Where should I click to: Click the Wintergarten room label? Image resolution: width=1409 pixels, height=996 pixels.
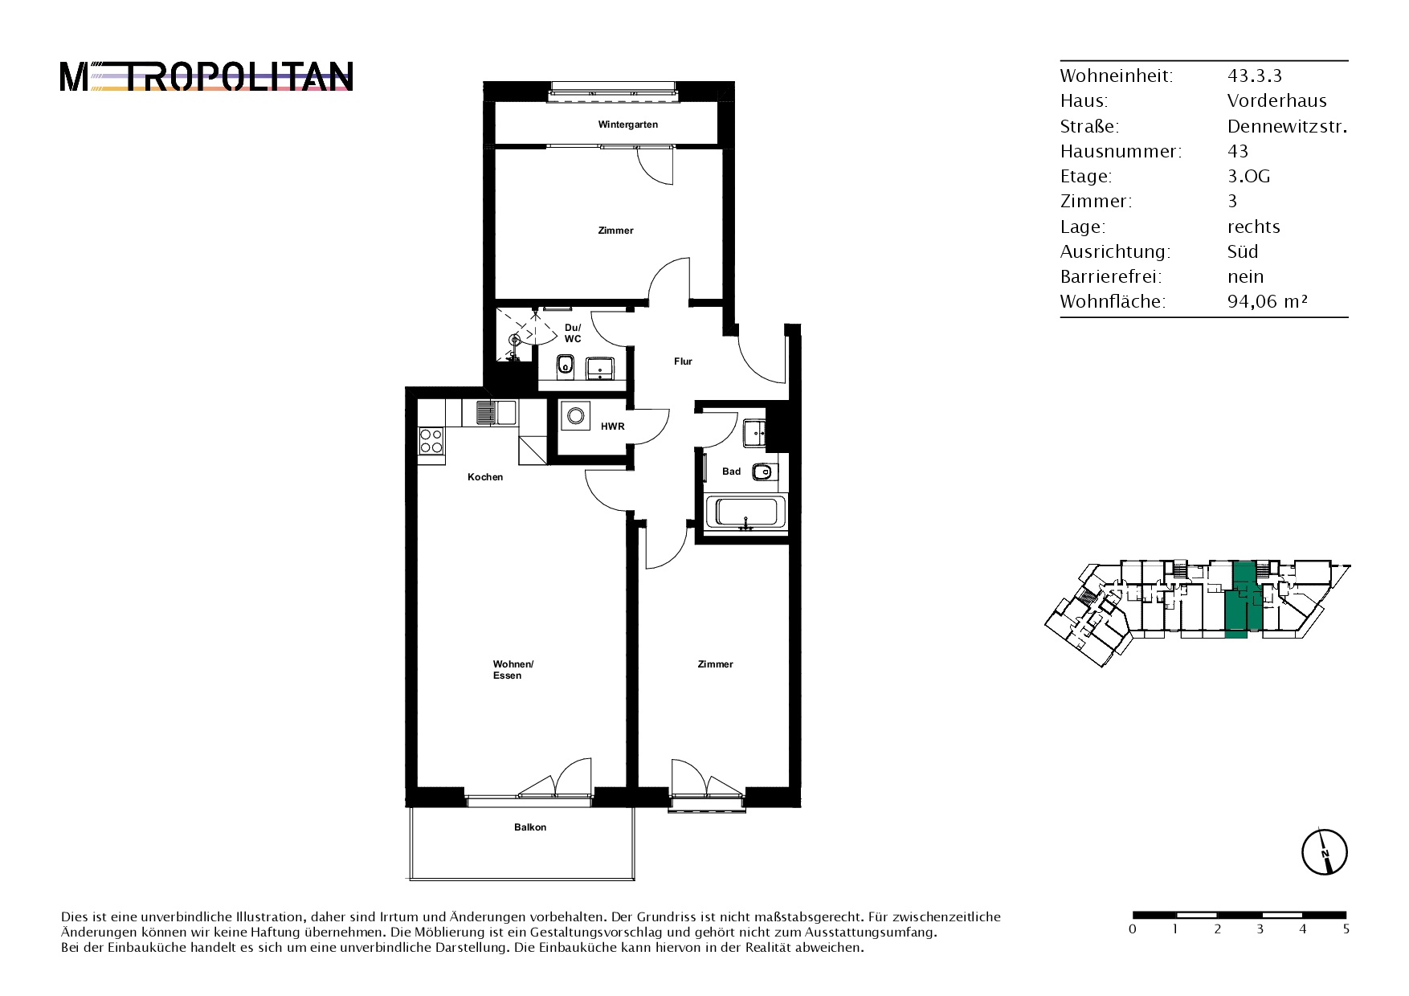(627, 124)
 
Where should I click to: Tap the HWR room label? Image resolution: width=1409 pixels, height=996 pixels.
(612, 427)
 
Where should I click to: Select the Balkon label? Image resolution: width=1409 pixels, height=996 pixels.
(530, 827)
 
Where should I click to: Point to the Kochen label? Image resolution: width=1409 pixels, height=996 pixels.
(485, 477)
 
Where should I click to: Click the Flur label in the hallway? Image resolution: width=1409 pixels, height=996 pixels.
(683, 361)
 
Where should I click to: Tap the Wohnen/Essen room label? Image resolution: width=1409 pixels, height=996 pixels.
(513, 670)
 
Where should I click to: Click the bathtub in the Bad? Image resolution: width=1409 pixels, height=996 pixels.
(745, 512)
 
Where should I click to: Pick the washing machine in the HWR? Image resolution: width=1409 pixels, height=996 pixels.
(575, 415)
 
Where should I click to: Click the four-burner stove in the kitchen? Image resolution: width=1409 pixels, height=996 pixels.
(431, 442)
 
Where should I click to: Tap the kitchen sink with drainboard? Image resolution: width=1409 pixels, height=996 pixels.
(496, 413)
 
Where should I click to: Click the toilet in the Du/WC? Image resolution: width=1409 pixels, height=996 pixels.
(565, 368)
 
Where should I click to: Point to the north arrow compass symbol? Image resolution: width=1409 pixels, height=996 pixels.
(1324, 851)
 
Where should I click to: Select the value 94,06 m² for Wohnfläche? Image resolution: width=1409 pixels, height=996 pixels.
(1268, 302)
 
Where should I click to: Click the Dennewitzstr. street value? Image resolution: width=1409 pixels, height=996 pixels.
(1287, 126)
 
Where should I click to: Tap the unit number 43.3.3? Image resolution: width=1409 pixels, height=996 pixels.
(1255, 76)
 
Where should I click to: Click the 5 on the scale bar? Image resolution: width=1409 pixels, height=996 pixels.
(1346, 929)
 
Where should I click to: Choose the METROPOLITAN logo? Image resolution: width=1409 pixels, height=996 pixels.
(206, 77)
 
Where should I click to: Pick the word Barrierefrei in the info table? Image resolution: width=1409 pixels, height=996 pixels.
(1109, 276)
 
